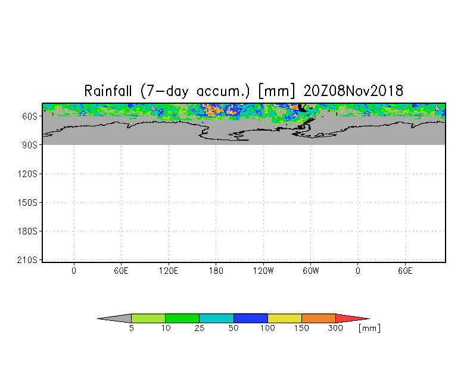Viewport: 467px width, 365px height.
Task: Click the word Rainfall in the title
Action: coord(108,91)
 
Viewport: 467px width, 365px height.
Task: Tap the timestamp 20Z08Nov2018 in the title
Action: coord(353,91)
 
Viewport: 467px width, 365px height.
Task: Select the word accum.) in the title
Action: coord(223,91)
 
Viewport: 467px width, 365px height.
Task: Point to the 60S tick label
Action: coord(30,116)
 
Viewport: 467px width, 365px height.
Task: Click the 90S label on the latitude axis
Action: coord(30,145)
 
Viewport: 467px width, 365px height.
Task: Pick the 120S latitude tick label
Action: coord(27,174)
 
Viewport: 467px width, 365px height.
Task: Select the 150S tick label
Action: coord(27,203)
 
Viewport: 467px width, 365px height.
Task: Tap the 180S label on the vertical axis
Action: coord(27,231)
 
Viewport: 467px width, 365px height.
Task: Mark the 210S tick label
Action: coord(27,260)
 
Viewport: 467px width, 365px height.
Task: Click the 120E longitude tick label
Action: coord(169,271)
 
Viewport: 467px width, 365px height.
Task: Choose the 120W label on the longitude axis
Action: coord(263,271)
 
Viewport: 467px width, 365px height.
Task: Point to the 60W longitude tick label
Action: coord(311,271)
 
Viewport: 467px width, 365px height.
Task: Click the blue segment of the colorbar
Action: coord(250,318)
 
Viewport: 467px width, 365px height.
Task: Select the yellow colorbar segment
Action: coord(285,318)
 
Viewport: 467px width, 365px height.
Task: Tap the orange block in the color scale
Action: coord(318,318)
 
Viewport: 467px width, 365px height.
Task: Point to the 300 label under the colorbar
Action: coord(335,328)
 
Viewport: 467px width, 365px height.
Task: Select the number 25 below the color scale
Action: coord(200,328)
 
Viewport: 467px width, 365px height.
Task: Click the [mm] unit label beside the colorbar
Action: coord(369,328)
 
